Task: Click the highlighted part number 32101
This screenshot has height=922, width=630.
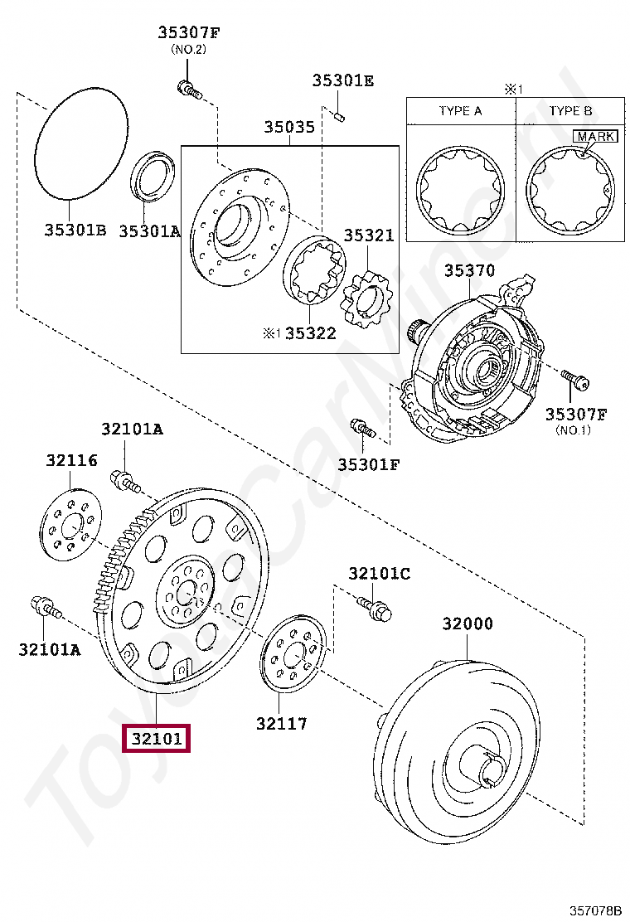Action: tap(156, 737)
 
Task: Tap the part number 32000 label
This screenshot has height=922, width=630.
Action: tap(467, 624)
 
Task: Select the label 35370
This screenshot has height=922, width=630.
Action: tap(469, 270)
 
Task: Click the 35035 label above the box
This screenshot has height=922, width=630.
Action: tap(289, 127)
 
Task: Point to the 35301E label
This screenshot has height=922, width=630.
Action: tap(342, 80)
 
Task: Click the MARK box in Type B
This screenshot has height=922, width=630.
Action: tap(595, 136)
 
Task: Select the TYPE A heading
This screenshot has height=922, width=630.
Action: tap(460, 110)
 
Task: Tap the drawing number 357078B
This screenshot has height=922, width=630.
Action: tap(594, 910)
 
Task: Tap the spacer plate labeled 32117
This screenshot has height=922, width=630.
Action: tap(295, 655)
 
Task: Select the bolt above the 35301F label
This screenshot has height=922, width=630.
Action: tap(362, 429)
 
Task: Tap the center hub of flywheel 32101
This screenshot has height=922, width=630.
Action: tap(185, 590)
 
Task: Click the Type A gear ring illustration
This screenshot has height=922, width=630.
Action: tap(460, 190)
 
